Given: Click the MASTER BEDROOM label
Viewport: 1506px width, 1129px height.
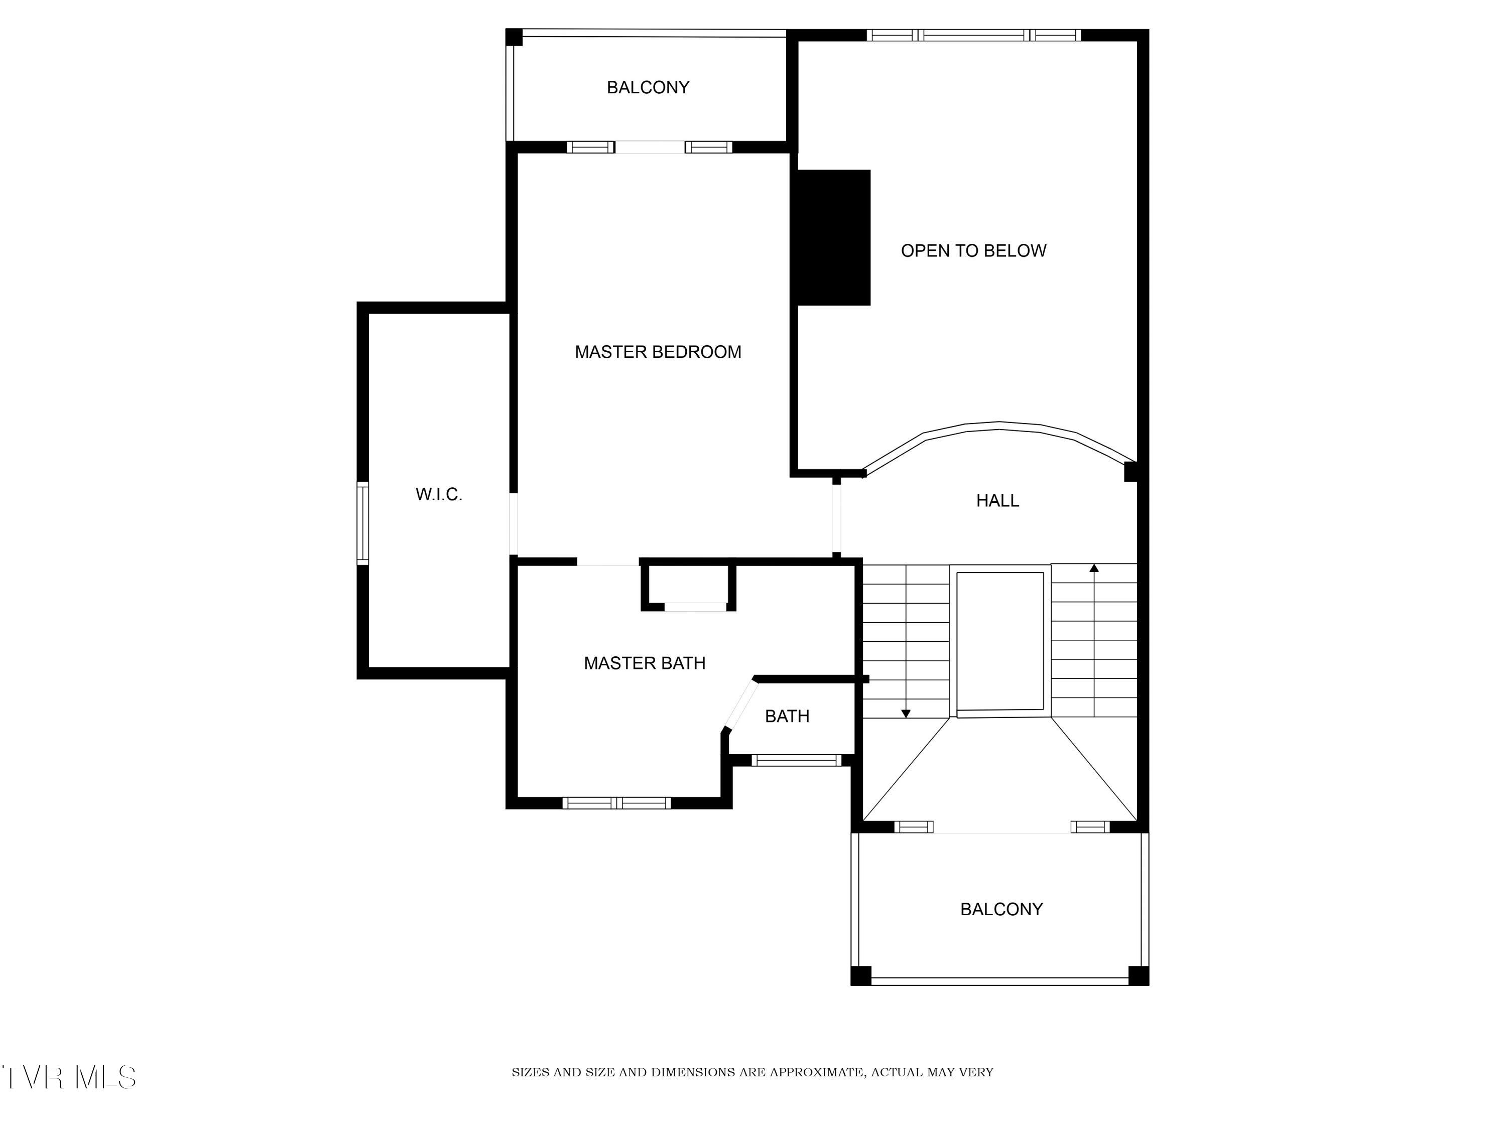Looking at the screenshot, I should coord(657,352).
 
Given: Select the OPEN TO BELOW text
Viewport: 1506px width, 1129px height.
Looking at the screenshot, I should coord(973,251).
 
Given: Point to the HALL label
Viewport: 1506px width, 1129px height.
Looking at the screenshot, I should coord(997,501).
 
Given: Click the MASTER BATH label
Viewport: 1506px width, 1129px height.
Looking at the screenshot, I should coord(644,663).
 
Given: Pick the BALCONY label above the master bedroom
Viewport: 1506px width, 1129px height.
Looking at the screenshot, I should coord(648,87).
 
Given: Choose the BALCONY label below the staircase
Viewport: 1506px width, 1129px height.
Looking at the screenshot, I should coord(1001,909).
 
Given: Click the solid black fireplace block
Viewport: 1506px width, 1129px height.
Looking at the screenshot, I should coord(833,237).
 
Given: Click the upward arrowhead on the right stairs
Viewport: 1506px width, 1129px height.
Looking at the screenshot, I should coord(1094,568).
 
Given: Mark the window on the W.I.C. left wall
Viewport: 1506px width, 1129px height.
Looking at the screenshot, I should coord(363,523).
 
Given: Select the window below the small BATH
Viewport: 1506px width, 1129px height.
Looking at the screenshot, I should coord(796,760).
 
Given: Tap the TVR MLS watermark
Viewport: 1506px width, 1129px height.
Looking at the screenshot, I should coord(69,1077).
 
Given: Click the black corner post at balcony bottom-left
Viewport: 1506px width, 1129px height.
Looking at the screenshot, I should coord(860,975).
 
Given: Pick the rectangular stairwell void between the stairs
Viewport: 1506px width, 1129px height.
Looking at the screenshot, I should coord(999,641).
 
